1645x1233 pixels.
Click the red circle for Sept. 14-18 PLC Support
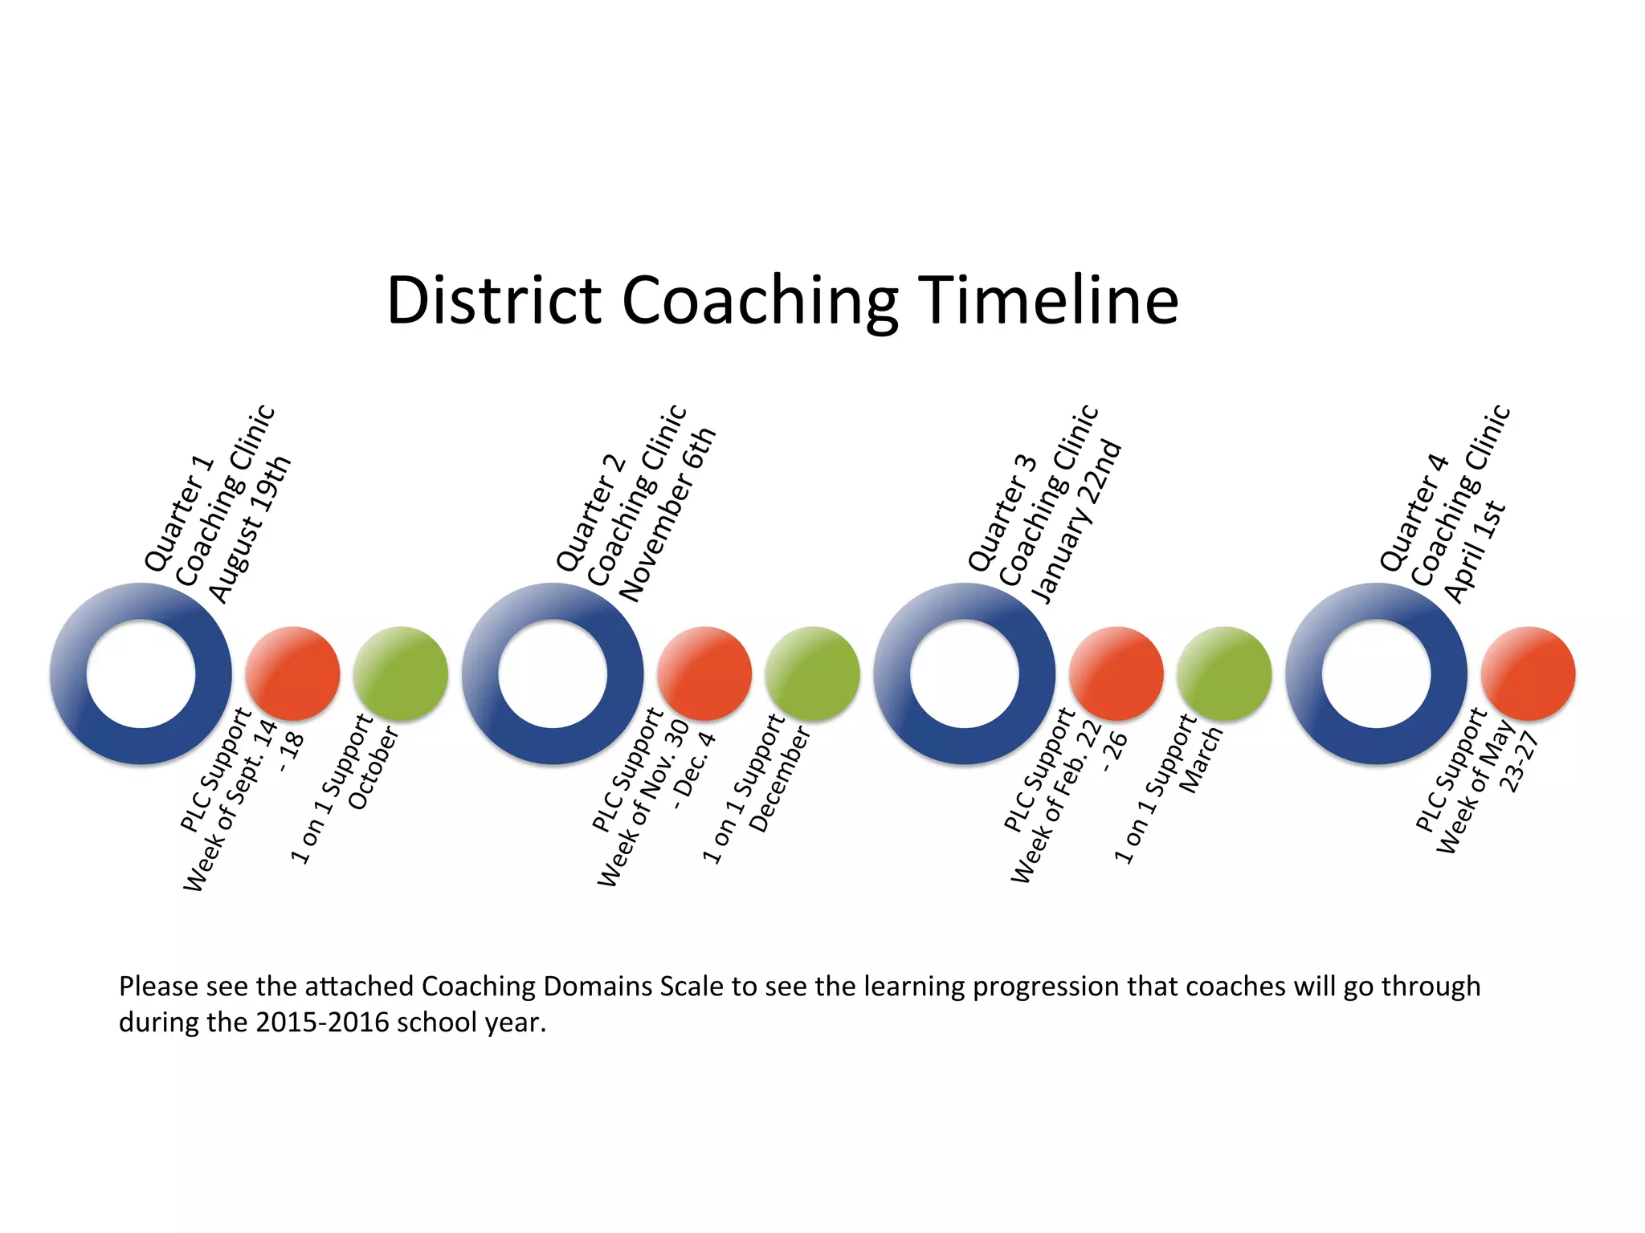[292, 673]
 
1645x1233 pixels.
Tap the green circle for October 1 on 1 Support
[400, 673]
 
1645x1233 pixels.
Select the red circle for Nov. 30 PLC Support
[704, 673]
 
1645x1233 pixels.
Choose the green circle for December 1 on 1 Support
[812, 673]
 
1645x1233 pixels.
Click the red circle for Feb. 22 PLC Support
[1116, 673]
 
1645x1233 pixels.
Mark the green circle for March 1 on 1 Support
[1224, 673]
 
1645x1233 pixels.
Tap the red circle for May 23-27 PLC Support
[1528, 673]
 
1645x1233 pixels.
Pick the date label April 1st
[1475, 552]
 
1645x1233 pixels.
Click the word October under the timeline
[373, 768]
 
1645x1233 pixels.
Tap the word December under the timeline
[779, 779]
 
